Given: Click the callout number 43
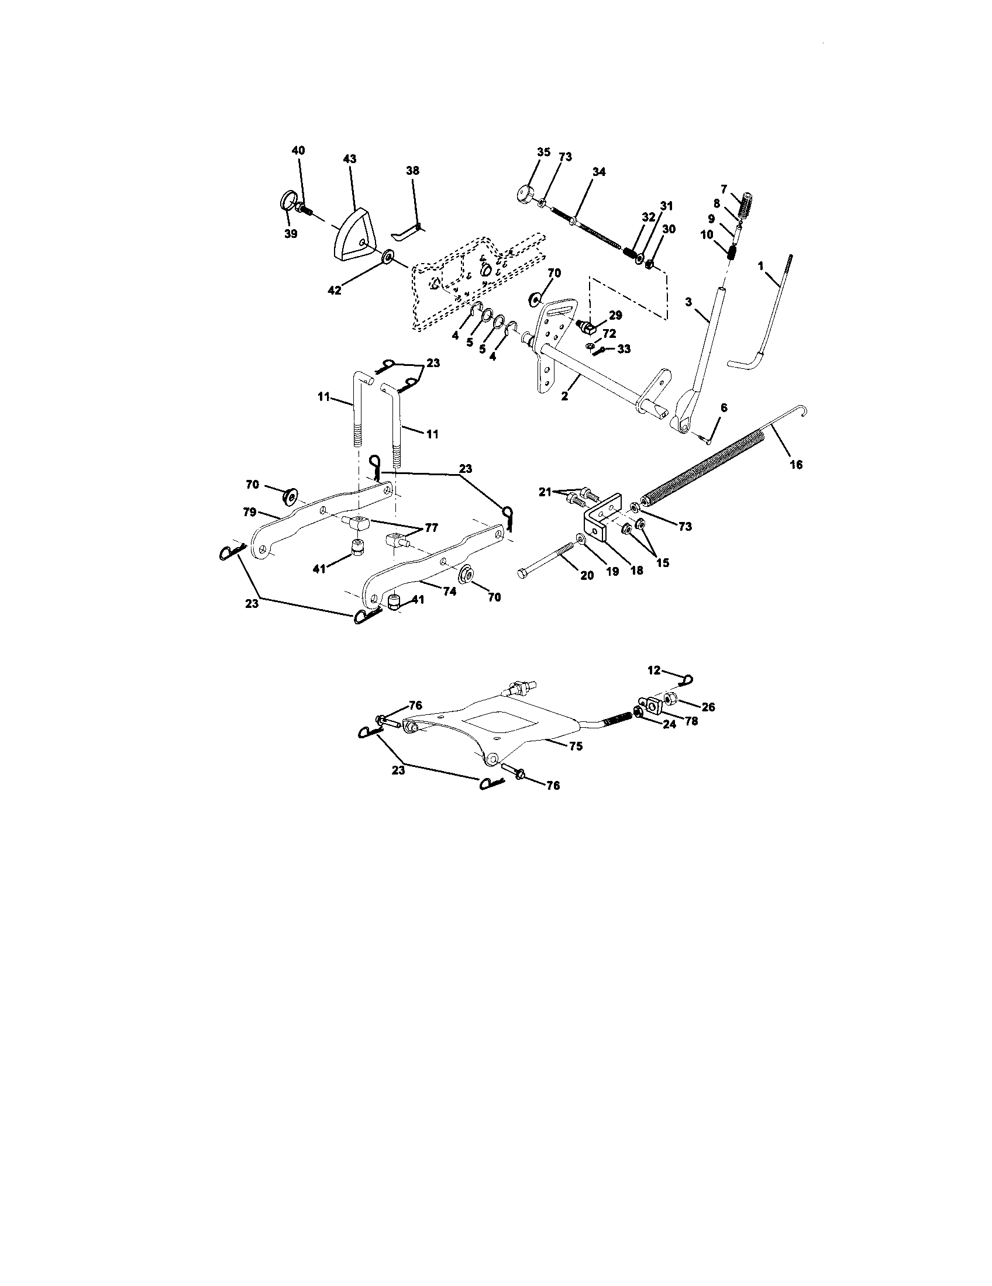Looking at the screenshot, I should (x=350, y=159).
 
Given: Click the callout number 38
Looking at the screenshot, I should (x=412, y=171).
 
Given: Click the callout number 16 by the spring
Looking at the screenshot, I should (x=796, y=465).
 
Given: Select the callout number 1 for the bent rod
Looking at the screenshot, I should (x=760, y=266).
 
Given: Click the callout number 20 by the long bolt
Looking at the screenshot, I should (x=587, y=576).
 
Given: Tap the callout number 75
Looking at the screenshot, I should (x=576, y=746).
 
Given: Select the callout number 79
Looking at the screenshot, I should (x=250, y=511).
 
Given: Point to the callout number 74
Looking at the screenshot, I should (x=449, y=592).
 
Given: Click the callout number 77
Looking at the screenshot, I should (x=432, y=528).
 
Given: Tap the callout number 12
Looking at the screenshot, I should (x=654, y=670).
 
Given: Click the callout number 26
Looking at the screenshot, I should (x=708, y=707).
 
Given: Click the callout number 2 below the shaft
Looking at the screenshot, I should (x=564, y=397).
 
